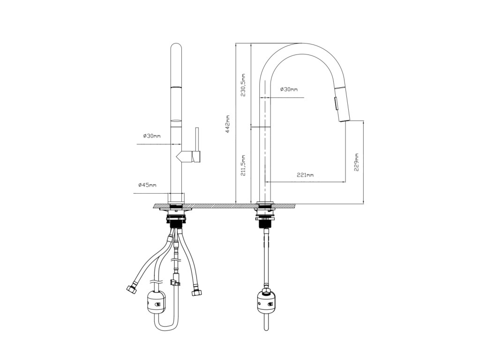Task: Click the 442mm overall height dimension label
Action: pyautogui.click(x=228, y=124)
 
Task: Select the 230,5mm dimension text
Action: pyautogui.click(x=243, y=85)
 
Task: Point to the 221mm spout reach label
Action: pyautogui.click(x=305, y=175)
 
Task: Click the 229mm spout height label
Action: pyautogui.click(x=356, y=162)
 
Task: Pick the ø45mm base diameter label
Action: pyautogui.click(x=147, y=185)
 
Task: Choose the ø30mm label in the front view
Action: pyautogui.click(x=151, y=136)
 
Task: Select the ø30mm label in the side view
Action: pyautogui.click(x=289, y=90)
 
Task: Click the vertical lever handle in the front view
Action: pyautogui.click(x=197, y=144)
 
